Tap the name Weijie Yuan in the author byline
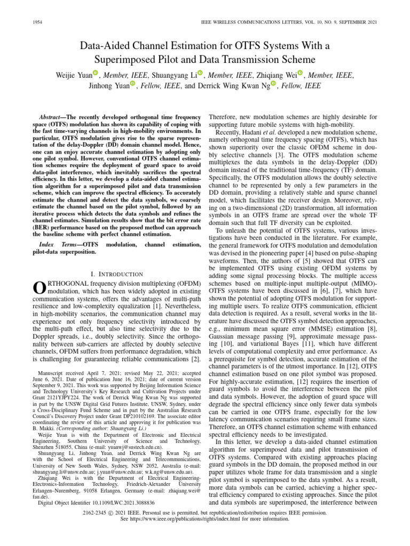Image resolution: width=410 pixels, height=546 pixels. click(x=73, y=76)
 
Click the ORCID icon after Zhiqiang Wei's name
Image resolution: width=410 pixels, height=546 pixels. click(x=300, y=74)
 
